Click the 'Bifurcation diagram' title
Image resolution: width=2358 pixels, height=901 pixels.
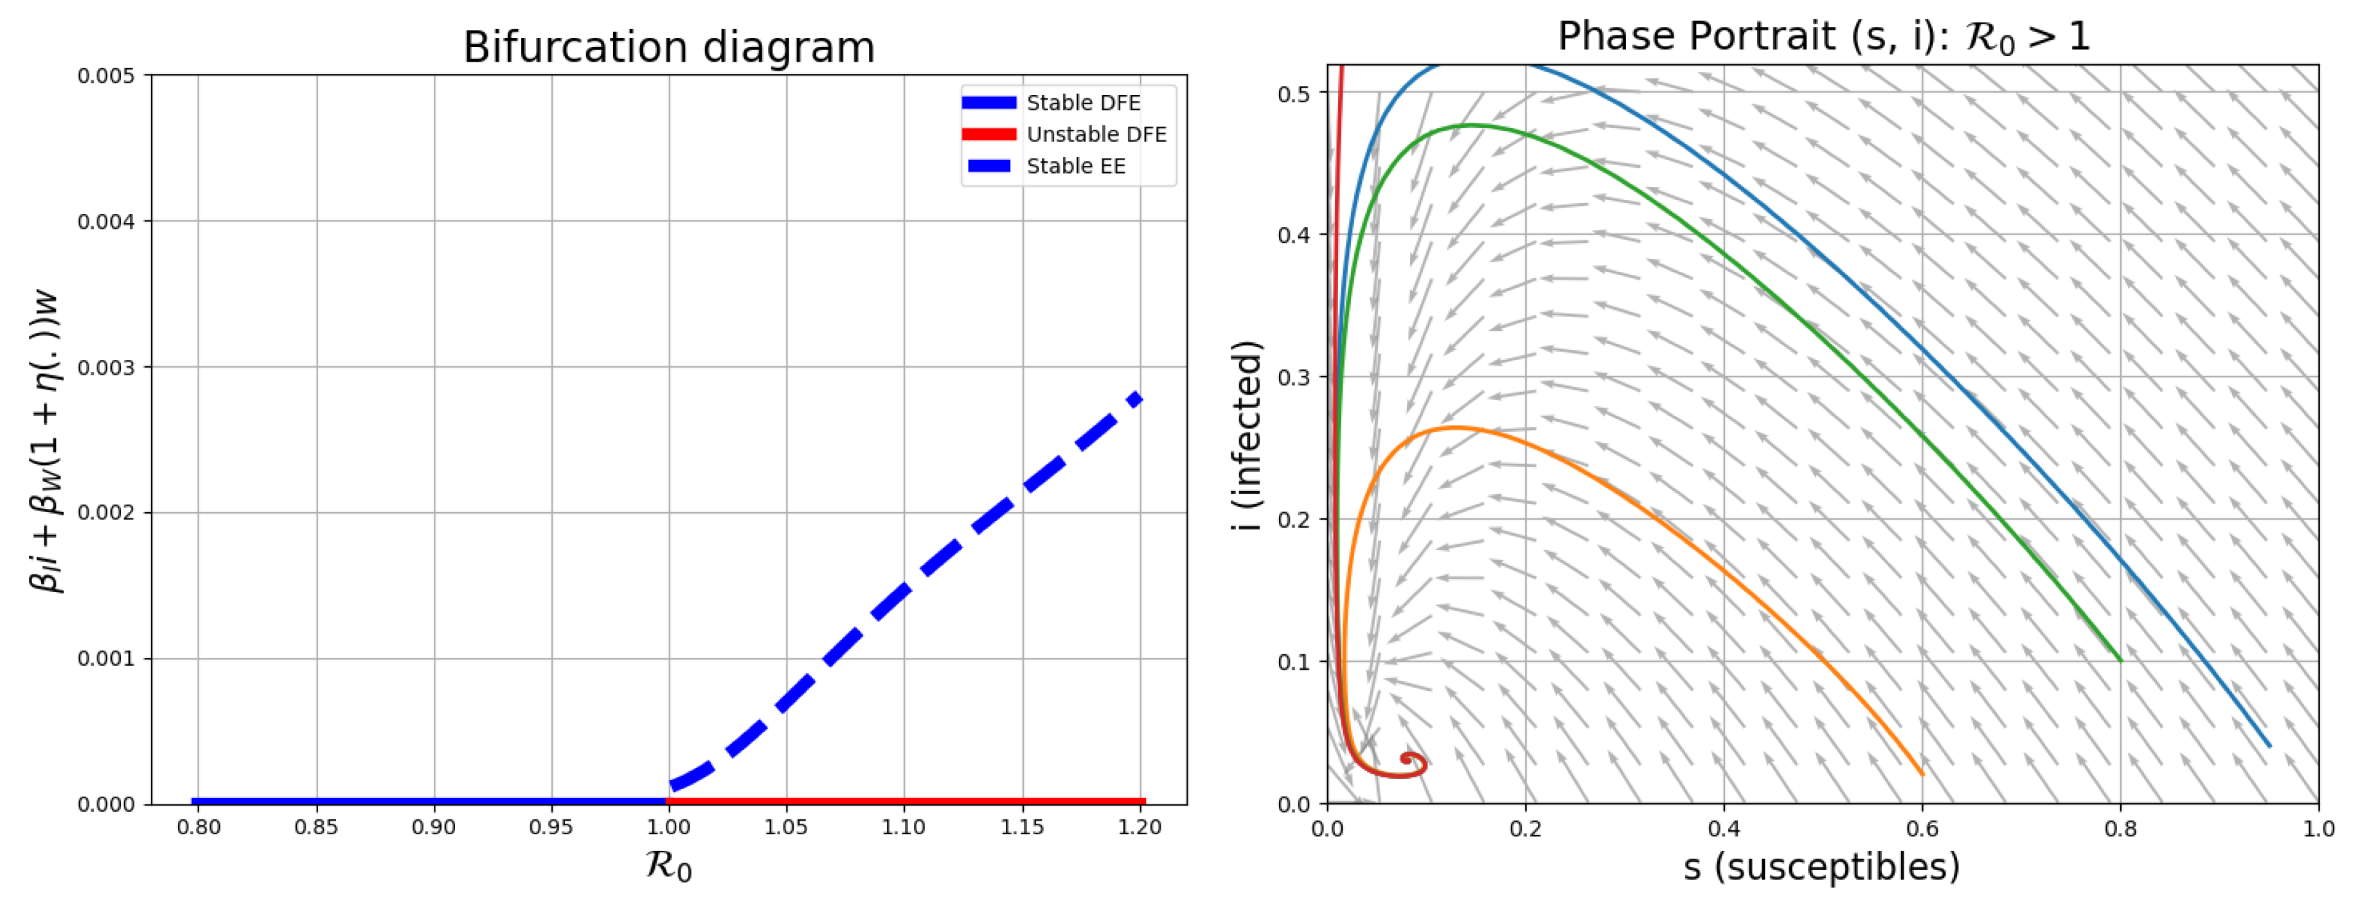668,48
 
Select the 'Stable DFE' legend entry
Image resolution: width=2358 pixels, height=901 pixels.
1082,103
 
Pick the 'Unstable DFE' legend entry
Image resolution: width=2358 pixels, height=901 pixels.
1096,134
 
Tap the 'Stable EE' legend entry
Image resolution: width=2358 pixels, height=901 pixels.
1076,166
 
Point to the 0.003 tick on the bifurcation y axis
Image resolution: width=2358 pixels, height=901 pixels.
108,367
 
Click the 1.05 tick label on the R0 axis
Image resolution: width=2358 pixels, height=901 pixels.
785,828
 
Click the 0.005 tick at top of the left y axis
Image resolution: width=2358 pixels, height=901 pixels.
108,76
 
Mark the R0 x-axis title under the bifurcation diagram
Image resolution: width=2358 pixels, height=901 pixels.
668,864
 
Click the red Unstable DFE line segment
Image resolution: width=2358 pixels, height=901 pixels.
906,801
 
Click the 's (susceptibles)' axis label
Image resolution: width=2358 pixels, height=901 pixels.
1821,866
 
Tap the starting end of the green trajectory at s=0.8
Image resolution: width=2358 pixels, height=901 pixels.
2120,659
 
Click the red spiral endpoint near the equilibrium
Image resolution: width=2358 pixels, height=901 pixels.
1406,758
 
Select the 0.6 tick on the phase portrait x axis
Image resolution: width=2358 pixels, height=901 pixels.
1922,828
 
